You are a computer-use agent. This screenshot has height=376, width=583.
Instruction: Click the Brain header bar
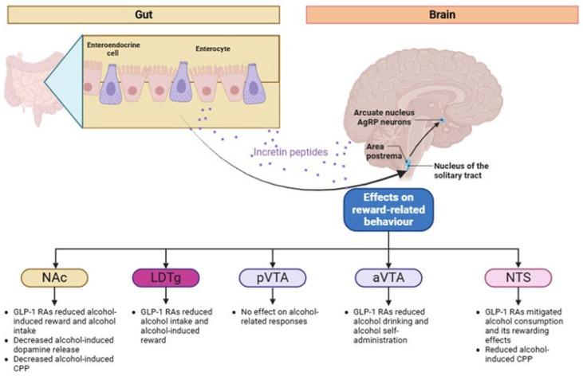(x=442, y=14)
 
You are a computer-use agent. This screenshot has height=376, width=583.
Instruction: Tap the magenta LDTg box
(x=163, y=279)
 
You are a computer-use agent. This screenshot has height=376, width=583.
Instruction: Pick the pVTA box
(x=272, y=279)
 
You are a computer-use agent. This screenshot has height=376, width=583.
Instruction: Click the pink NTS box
(x=518, y=279)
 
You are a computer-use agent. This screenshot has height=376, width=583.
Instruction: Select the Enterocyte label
(x=212, y=49)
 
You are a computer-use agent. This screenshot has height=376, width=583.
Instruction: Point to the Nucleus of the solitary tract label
(x=456, y=170)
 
